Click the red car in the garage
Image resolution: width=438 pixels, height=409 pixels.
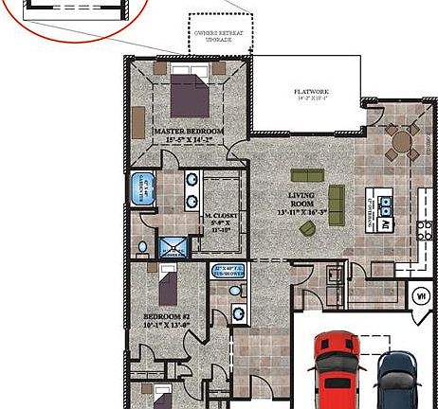tap(335, 369)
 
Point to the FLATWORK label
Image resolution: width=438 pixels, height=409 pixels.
tap(311, 92)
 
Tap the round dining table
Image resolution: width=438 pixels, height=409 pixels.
tap(403, 142)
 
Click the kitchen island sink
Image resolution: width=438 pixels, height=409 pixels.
tap(386, 202)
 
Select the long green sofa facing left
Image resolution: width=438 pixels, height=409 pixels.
tap(336, 204)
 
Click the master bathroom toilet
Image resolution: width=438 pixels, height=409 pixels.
tap(142, 248)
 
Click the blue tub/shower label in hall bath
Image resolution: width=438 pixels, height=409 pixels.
tap(230, 270)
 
